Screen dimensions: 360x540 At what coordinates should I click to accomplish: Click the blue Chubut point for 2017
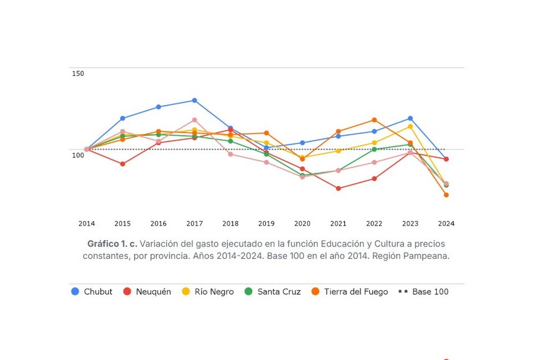coord(194,100)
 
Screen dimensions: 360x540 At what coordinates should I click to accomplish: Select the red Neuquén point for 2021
coord(338,188)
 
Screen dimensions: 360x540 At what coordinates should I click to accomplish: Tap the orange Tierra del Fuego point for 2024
coord(446,195)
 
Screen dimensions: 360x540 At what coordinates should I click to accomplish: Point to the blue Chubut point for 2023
coord(410,119)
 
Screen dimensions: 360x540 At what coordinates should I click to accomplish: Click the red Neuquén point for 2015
coord(122,164)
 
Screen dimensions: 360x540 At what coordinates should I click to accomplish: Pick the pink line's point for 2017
coord(194,120)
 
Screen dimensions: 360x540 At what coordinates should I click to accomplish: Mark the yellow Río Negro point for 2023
coord(410,127)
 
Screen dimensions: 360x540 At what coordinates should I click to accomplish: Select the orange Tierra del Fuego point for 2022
coord(374,120)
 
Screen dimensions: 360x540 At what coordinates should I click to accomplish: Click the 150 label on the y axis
coord(78,74)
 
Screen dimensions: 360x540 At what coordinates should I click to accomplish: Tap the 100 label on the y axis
coord(78,155)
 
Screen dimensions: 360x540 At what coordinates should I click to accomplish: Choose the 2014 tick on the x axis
coord(87,223)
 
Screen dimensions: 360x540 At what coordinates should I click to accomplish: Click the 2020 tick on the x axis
coord(302,223)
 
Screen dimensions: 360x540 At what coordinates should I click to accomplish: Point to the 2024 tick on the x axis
coord(446,223)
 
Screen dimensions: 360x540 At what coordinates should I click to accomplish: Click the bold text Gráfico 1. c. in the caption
coord(112,244)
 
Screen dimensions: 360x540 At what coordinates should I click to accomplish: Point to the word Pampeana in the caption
coord(427,256)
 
